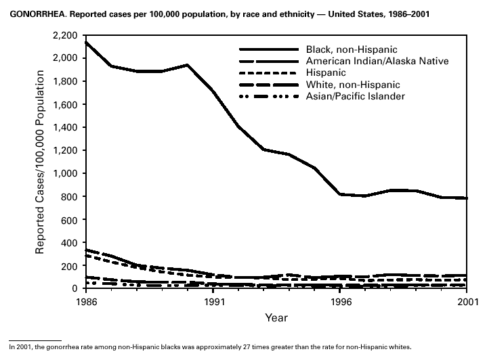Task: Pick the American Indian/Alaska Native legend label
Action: [x=385, y=61]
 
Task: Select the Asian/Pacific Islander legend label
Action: [x=366, y=96]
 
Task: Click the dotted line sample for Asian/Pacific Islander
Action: [x=269, y=97]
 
